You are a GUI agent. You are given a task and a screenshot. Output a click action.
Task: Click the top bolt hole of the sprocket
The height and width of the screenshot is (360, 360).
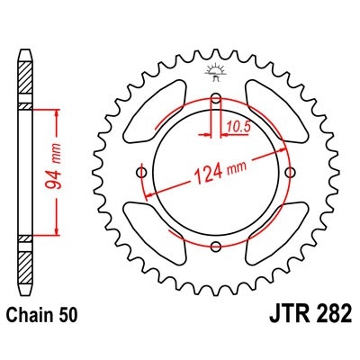pos(215,98)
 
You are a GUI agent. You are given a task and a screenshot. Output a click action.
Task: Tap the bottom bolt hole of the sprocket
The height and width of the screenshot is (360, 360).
pos(215,247)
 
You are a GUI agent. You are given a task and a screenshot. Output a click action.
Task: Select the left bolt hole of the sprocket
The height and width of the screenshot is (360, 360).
pos(141,173)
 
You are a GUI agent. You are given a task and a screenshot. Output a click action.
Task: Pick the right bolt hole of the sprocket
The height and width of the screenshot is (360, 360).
pos(289,173)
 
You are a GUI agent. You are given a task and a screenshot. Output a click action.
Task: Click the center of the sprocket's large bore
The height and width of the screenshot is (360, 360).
pos(215,173)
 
